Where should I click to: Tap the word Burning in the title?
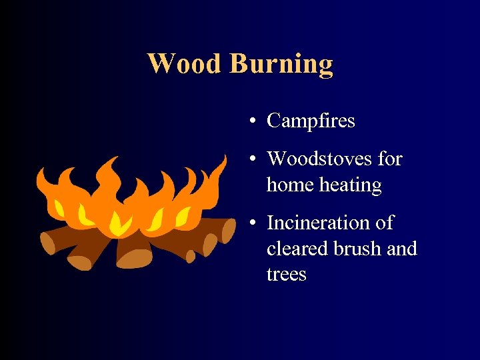[281, 65]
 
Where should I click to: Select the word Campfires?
[311, 121]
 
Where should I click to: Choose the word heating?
[351, 185]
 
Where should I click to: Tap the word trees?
[286, 275]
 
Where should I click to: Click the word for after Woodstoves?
[390, 159]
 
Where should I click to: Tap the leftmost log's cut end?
[47, 241]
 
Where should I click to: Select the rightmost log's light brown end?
[228, 229]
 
